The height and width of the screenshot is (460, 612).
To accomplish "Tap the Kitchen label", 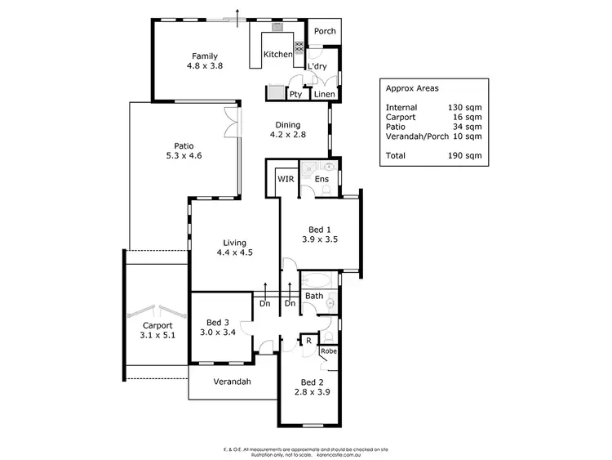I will (x=277, y=55).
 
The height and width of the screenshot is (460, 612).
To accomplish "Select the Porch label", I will (x=325, y=32).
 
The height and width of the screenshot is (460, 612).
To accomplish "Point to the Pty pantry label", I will (x=295, y=94).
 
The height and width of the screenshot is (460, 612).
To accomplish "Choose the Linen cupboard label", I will (x=323, y=94).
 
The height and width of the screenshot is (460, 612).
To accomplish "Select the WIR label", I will (x=286, y=178).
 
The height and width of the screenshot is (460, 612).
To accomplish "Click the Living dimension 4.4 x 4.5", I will (x=234, y=253).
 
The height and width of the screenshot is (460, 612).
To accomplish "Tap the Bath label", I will (x=314, y=296).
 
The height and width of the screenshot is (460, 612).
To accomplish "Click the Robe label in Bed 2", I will (x=328, y=351).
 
